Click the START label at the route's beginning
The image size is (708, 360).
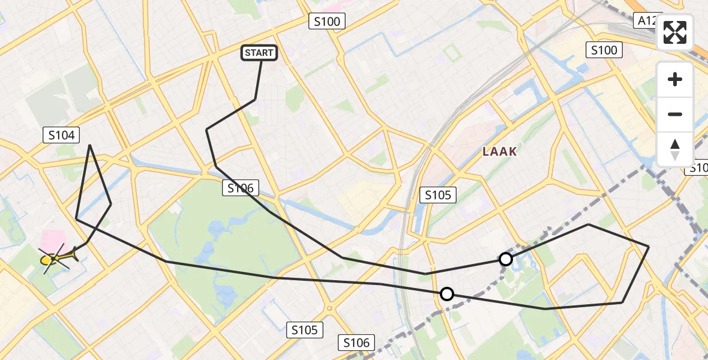coord(259,53)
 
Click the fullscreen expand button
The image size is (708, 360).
coord(675,32)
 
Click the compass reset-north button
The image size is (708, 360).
coord(675,149)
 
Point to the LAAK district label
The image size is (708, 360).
coord(500,152)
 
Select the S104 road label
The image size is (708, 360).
coord(62,136)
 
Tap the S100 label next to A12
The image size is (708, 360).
coord(604,50)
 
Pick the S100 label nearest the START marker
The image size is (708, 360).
coord(327,22)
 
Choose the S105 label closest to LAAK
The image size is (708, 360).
coord(438,194)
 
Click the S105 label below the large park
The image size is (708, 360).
coord(305,329)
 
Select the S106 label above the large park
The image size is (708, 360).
coord(241,188)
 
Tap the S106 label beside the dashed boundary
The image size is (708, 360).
coord(356,343)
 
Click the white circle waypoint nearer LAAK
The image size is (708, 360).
coord(506,259)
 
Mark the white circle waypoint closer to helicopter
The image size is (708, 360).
coord(447,294)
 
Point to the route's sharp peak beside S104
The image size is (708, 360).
coord(90,145)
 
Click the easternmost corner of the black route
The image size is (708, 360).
coord(649,247)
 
